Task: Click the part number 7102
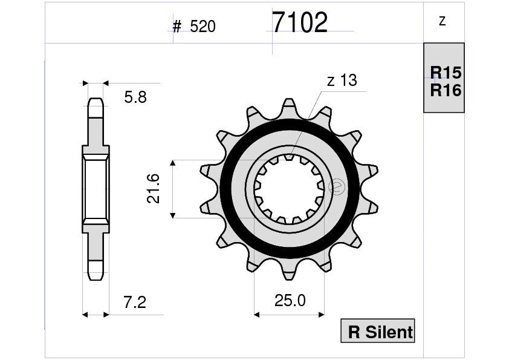point(300,23)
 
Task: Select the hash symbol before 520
point(177,27)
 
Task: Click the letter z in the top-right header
point(443,21)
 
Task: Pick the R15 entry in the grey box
point(446,73)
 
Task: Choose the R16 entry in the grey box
point(446,91)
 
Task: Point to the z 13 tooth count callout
point(342,80)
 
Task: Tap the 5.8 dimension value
point(135,97)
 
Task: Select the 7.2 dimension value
point(135,302)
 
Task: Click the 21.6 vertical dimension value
point(154,188)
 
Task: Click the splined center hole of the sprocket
point(289,189)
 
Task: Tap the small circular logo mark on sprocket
point(337,188)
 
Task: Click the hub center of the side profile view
point(96,188)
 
